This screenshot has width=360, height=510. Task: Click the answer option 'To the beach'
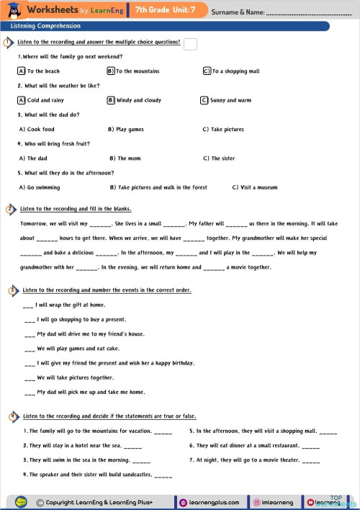(43, 71)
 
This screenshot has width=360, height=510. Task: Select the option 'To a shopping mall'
(235, 71)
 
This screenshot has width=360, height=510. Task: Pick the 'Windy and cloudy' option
(138, 100)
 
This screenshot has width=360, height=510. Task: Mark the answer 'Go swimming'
(43, 187)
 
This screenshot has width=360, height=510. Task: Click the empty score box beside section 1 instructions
(191, 45)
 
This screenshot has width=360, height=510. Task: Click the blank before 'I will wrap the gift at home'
(29, 305)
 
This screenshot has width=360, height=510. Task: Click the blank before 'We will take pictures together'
(29, 377)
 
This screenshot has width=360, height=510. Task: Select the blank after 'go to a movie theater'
(312, 460)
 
